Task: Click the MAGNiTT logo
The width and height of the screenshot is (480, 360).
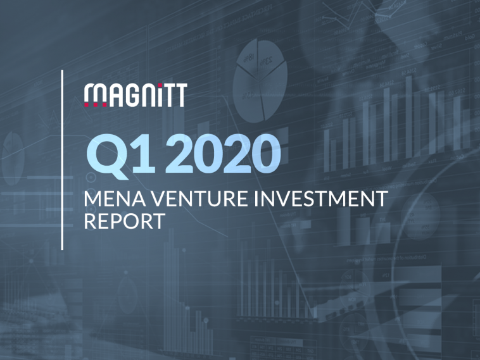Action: point(135,95)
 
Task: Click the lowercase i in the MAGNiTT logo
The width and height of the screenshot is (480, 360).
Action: point(157,95)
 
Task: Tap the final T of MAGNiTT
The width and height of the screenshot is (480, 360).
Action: point(180,95)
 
